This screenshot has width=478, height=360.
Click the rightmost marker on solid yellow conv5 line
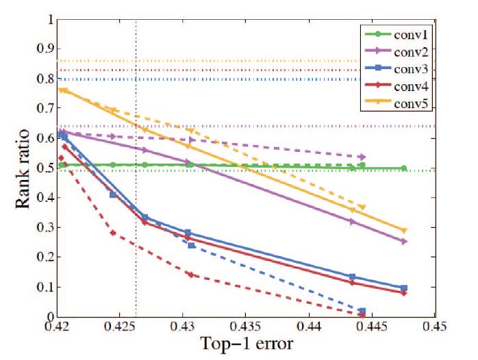tap(404, 231)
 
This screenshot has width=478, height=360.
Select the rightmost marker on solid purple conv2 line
tap(404, 241)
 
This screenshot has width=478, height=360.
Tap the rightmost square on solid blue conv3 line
tap(404, 288)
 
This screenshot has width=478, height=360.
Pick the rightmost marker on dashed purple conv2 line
tap(362, 157)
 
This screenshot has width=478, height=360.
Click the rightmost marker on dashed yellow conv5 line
tap(362, 207)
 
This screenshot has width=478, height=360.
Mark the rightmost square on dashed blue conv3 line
tap(362, 311)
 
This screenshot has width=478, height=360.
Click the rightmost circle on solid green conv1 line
tap(404, 168)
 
